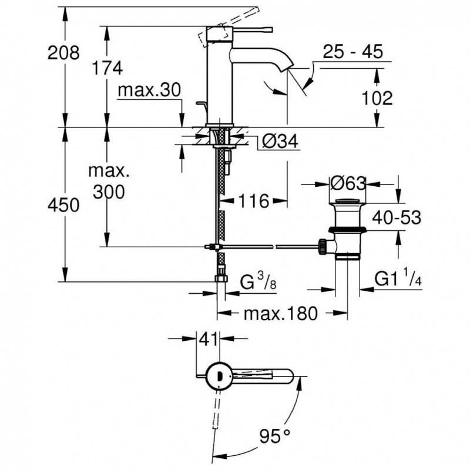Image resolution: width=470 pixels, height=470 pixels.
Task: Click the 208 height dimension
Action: (x=63, y=53)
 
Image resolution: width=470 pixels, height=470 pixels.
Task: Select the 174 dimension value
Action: (x=107, y=68)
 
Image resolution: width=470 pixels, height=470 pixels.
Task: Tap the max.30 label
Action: (x=150, y=90)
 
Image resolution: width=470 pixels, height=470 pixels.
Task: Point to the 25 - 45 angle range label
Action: (x=353, y=51)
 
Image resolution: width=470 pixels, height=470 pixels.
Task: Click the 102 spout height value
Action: (x=377, y=98)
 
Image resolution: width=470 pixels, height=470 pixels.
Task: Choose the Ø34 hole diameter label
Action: (x=280, y=141)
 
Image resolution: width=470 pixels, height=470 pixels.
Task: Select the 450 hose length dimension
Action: (x=63, y=205)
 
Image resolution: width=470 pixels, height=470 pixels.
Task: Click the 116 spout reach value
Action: (x=253, y=201)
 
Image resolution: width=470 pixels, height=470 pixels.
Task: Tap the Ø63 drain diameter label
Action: (x=348, y=183)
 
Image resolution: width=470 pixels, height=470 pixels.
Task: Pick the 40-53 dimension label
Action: (x=396, y=217)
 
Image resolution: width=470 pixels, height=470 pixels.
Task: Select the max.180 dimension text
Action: (x=280, y=313)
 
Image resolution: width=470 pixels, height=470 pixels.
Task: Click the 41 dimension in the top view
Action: (x=208, y=340)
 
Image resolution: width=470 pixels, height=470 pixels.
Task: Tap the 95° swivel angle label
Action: (x=275, y=436)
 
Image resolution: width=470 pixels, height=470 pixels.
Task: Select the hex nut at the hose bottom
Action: (x=221, y=278)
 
